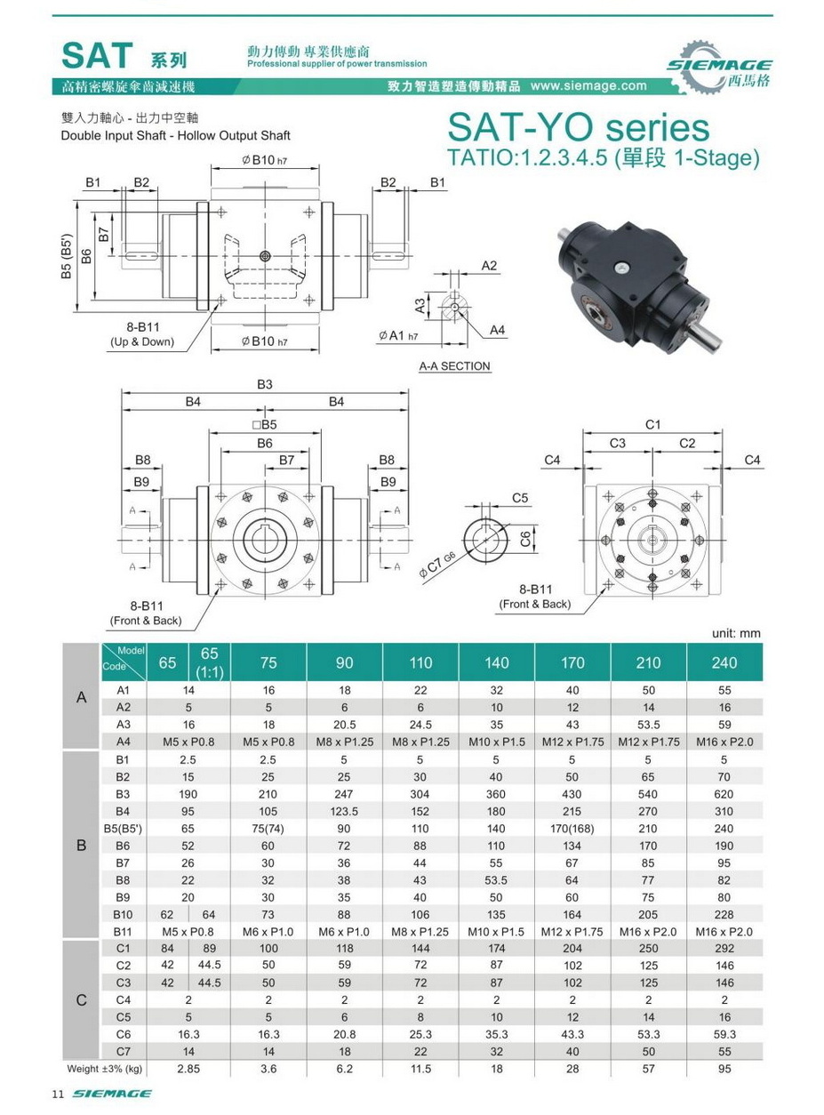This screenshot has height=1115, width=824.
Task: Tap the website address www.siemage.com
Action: [x=588, y=86]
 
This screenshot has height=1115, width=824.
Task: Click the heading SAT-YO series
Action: [x=579, y=127]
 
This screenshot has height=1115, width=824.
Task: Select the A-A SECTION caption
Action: [x=454, y=366]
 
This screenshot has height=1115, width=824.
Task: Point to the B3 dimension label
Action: [x=265, y=384]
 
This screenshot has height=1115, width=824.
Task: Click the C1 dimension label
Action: [x=652, y=425]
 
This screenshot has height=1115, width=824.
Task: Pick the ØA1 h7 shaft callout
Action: [x=397, y=336]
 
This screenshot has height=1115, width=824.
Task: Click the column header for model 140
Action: [x=497, y=662]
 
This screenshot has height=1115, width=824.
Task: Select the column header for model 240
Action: [x=724, y=662]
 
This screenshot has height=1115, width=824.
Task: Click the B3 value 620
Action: [x=724, y=793]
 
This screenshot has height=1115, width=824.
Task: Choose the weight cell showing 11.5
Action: [x=420, y=1068]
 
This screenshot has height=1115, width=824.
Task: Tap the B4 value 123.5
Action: [x=344, y=811]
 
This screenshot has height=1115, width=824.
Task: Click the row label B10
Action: [x=123, y=914]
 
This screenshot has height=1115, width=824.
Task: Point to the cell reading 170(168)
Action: [x=572, y=828]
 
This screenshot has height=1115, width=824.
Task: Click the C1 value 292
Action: [x=724, y=948]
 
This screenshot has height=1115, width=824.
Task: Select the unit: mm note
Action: [x=736, y=633]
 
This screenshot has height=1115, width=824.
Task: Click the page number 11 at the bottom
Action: [x=57, y=1094]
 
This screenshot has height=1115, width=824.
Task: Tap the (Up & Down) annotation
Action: [x=142, y=341]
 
